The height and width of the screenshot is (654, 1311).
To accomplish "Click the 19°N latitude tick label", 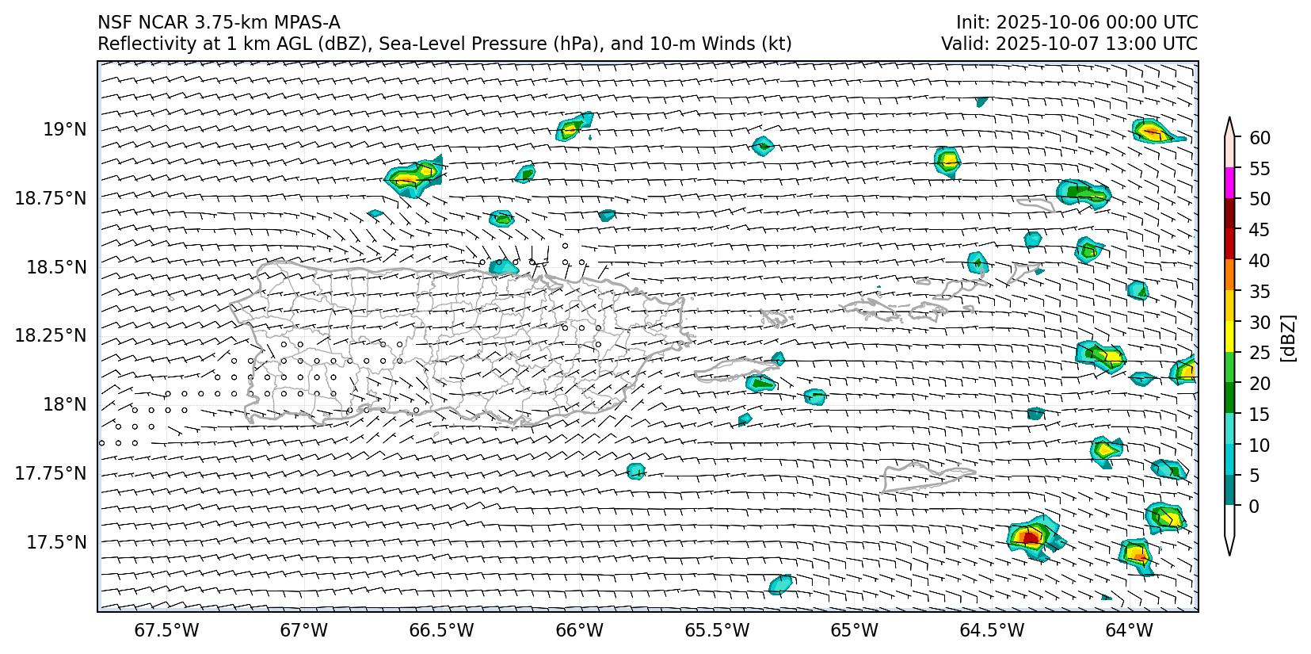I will tap(65, 129).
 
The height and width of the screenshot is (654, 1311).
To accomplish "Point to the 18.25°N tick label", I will tap(51, 336).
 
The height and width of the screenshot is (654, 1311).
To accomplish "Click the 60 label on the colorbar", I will tap(1260, 138).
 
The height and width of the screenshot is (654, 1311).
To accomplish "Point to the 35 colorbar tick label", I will tap(1260, 292).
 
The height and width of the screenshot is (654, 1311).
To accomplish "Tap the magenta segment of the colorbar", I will tap(1229, 183).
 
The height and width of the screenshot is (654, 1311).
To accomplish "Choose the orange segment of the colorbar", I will tap(1229, 275).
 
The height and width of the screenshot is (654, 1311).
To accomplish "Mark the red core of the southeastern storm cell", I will tap(1030, 537).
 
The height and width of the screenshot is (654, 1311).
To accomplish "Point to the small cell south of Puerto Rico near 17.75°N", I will tap(635, 471).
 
